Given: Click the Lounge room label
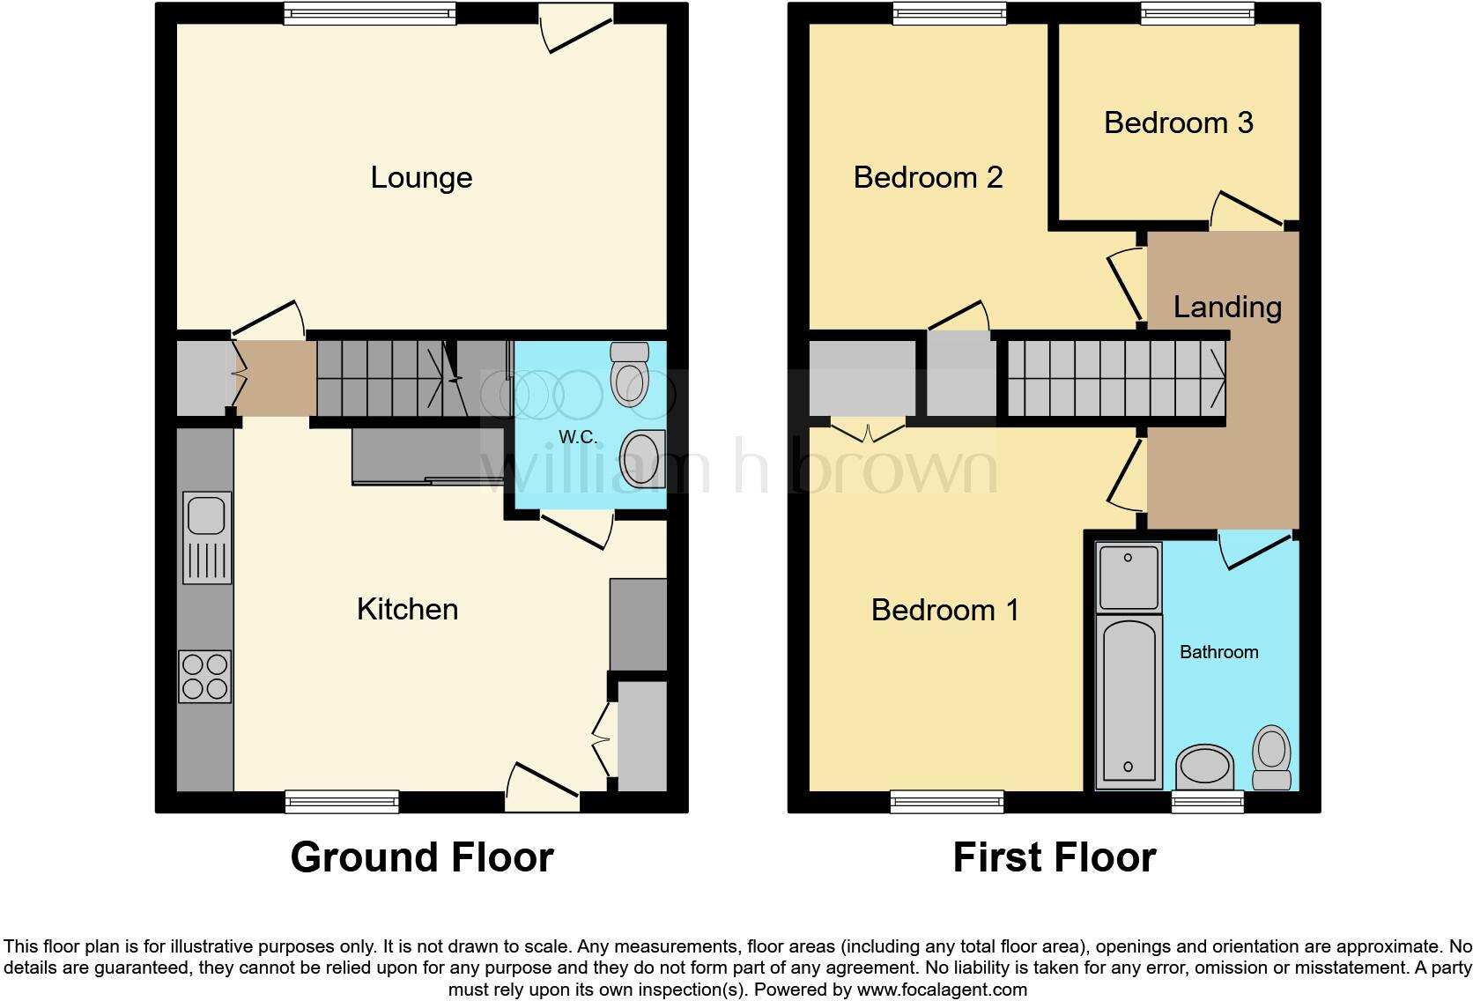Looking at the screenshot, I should click(421, 177).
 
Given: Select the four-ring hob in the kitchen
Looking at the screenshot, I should click(205, 676).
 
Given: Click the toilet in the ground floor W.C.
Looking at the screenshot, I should click(629, 374).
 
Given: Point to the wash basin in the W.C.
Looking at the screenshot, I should click(642, 459).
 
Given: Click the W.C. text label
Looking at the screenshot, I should click(578, 437).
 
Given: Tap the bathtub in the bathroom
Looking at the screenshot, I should click(1128, 700).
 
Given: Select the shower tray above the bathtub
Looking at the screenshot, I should click(1128, 577).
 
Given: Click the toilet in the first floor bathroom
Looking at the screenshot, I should click(1271, 756).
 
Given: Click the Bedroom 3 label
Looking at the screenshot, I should click(1178, 122).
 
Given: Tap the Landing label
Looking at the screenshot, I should click(1226, 307).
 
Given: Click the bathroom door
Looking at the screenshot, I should click(1254, 551).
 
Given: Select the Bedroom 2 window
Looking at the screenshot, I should click(949, 12).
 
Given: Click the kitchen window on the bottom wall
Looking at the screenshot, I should click(342, 801).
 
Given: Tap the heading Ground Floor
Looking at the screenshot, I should click(421, 857).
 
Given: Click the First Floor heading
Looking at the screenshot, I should click(1054, 857).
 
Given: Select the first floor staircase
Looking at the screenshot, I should click(1115, 379).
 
